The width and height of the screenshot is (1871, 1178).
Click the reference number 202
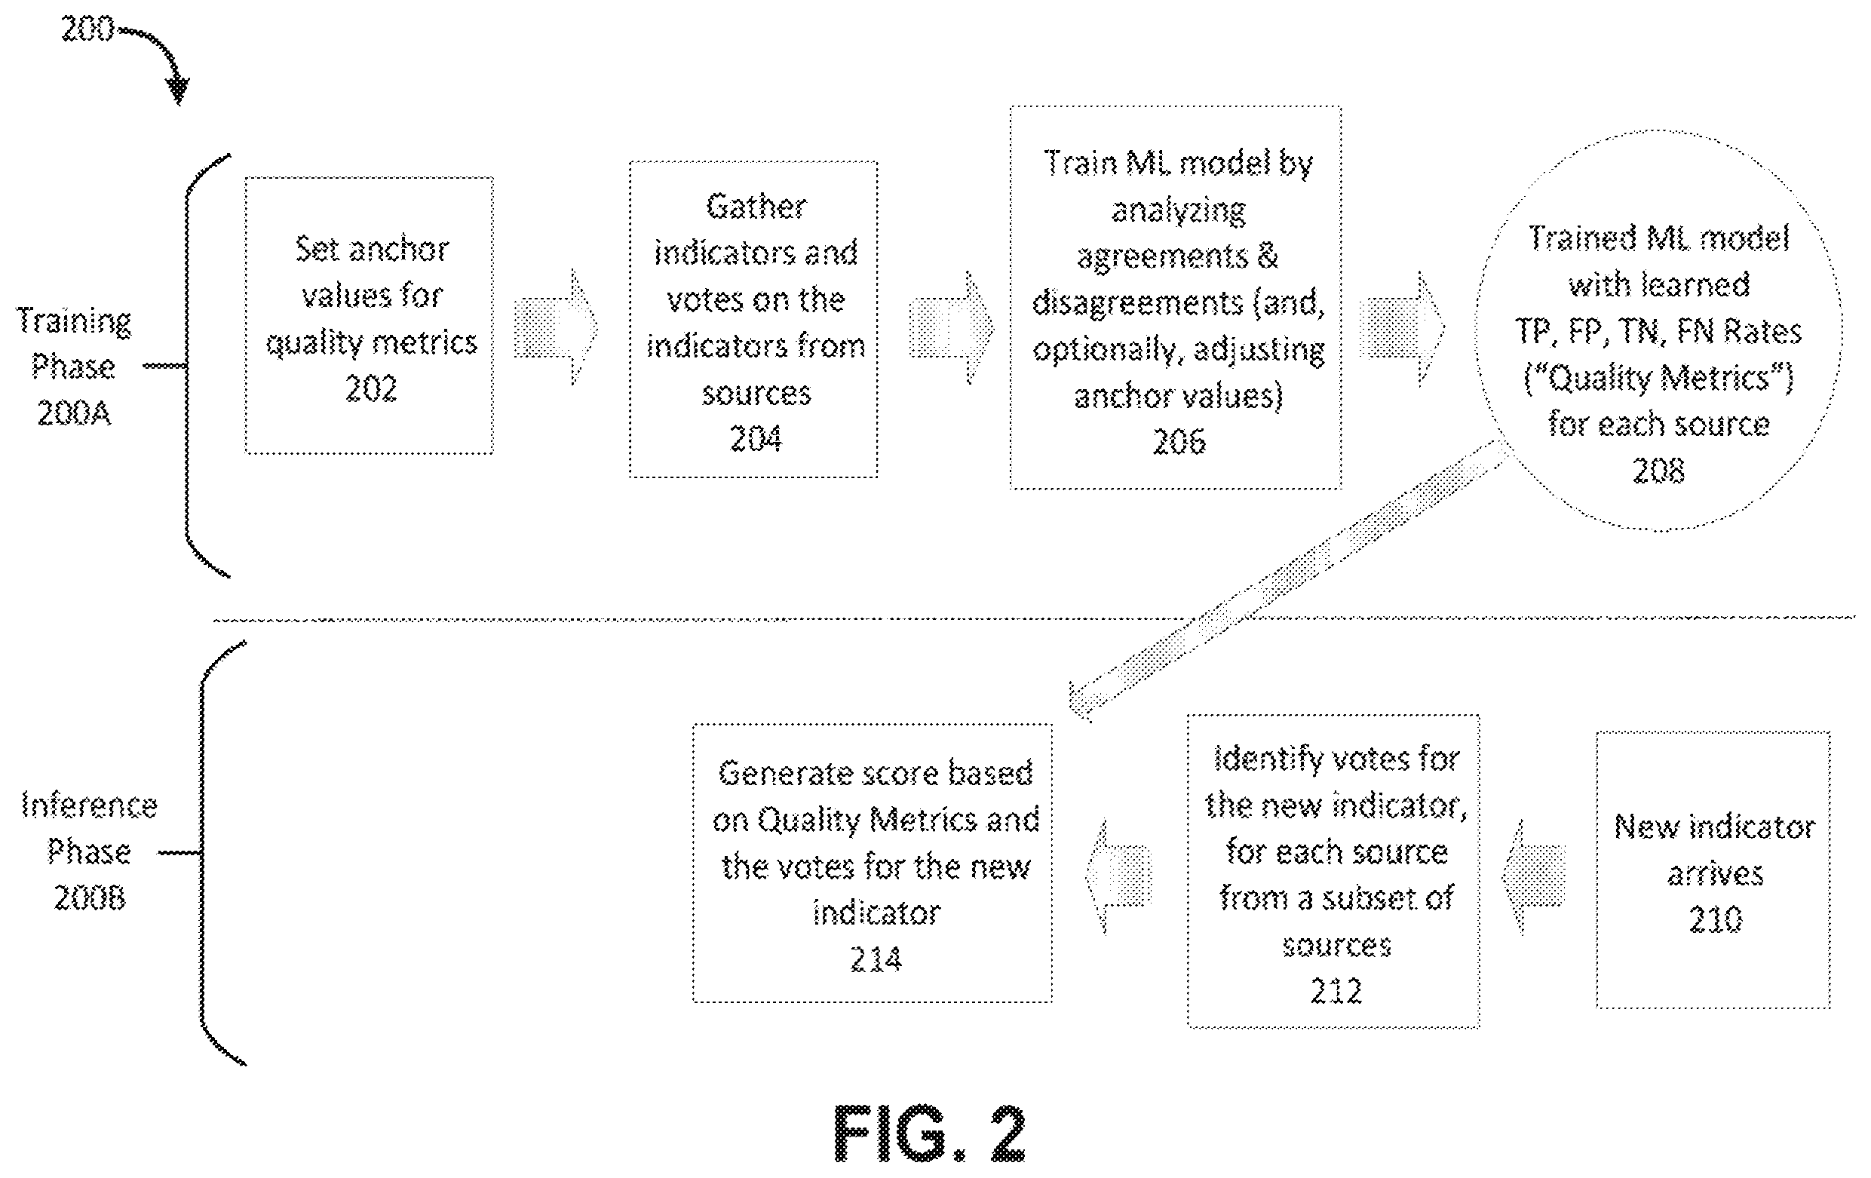tap(370, 388)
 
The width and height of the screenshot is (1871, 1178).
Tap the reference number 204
tap(756, 439)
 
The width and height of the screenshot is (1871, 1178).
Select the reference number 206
tap(1179, 441)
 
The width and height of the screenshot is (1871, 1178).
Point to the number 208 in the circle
tap(1658, 470)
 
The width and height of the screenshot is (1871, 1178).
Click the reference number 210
tap(1716, 919)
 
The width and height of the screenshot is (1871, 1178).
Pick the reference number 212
tap(1336, 991)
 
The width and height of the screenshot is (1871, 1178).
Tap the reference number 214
tap(876, 959)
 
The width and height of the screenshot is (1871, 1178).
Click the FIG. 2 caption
tap(929, 1134)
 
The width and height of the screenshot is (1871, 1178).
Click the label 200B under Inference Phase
tap(89, 897)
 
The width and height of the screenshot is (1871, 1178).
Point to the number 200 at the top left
tap(87, 29)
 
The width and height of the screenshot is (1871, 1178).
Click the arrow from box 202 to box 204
tap(556, 327)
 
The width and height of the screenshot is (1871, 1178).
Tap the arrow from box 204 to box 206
tap(952, 327)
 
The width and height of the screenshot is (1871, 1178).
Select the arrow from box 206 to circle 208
tap(1403, 329)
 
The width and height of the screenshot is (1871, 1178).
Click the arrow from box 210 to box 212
tap(1533, 877)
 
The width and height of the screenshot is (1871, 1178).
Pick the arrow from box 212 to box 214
tap(1118, 877)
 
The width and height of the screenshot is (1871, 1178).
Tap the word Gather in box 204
tap(756, 207)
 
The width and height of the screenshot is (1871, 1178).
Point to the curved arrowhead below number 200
tap(179, 92)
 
